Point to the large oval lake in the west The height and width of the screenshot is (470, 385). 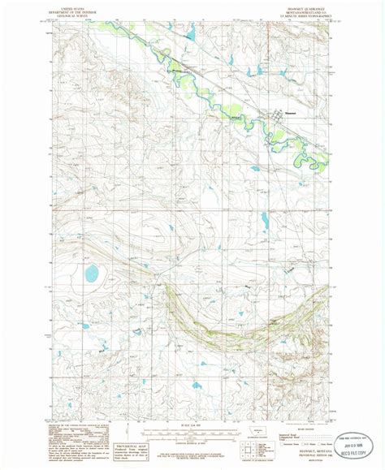[91, 273]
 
